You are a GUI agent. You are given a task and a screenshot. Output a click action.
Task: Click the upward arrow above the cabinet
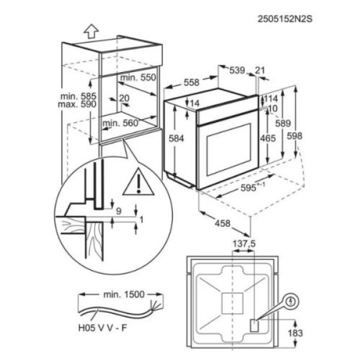(91, 29)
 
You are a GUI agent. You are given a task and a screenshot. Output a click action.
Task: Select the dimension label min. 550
(137, 78)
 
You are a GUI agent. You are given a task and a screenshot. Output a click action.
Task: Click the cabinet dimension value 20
(124, 98)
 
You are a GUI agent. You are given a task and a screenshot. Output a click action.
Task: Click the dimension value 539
(237, 71)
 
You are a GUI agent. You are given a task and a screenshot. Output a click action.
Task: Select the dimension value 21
(259, 71)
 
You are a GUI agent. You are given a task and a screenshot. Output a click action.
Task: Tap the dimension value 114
(271, 98)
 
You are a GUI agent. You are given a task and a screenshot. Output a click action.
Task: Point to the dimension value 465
(268, 139)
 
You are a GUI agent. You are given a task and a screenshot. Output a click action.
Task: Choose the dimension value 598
(311, 136)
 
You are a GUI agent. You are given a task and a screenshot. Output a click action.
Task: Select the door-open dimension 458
(223, 224)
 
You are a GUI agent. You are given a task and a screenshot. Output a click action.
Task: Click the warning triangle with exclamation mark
(138, 182)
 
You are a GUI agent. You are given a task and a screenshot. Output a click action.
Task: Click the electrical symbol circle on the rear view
(292, 301)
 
